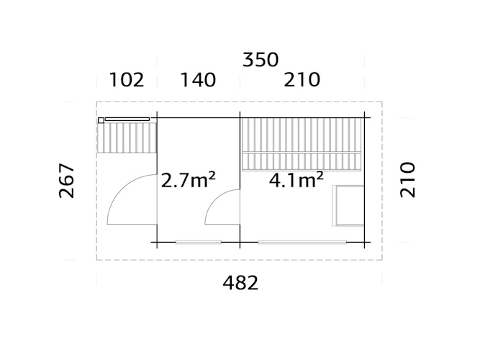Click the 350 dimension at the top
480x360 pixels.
pos(261,60)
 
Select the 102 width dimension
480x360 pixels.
pos(127,80)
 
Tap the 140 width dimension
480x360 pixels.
pos(198,80)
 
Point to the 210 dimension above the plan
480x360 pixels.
pos(302,80)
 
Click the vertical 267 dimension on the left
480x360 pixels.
pos(65,181)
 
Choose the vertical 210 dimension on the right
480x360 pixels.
pos(407,179)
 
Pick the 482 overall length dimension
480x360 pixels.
pos(240,283)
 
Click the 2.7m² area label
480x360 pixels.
pos(189,180)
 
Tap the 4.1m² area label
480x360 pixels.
pos(296,180)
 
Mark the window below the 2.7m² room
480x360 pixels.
pos(198,242)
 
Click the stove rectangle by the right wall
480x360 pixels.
pos(349,205)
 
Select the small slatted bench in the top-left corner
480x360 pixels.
pos(128,137)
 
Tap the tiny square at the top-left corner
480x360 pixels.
pos(101,120)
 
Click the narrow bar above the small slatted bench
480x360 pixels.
pos(127,119)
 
